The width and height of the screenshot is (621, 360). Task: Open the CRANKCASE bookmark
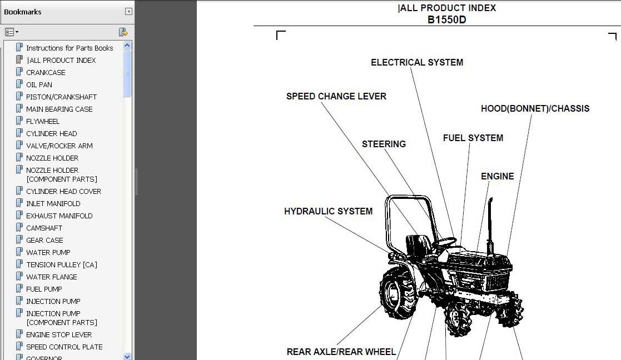(46, 72)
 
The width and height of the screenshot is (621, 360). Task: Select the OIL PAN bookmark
(39, 84)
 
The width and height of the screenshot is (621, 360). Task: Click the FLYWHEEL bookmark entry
(43, 121)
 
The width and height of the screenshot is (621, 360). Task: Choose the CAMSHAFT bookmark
(44, 228)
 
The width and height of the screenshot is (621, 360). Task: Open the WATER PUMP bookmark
(48, 252)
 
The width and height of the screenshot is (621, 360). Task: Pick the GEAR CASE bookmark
(44, 240)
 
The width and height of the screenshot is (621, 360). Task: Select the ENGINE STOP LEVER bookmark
(59, 334)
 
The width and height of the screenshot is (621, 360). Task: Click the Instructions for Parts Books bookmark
(69, 48)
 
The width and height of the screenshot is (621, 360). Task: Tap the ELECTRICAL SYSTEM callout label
(417, 62)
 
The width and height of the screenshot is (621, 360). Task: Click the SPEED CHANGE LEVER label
(336, 96)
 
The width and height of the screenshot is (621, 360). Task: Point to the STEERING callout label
(384, 144)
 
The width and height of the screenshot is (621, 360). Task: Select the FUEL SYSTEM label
(473, 138)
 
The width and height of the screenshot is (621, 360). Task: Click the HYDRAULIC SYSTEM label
(328, 211)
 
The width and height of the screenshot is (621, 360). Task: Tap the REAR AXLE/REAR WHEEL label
(341, 352)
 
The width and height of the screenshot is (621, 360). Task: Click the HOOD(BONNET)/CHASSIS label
(535, 108)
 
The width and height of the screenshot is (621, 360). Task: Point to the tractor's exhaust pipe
(490, 222)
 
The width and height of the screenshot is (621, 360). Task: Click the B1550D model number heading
(446, 19)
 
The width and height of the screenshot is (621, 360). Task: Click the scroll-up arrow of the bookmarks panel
(127, 46)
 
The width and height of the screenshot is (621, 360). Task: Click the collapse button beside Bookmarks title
(128, 11)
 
